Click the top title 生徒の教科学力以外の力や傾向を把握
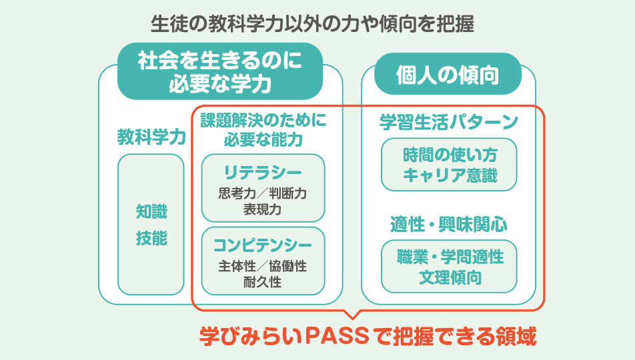(x=312, y=24)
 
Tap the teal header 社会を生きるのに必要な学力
(x=220, y=72)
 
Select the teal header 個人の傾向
(x=448, y=75)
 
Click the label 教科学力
(x=151, y=137)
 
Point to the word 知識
(x=151, y=211)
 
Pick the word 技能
(x=151, y=238)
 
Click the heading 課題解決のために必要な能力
(x=263, y=130)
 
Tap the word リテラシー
(x=263, y=173)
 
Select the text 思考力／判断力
(x=262, y=193)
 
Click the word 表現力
(x=262, y=209)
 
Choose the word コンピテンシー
(x=263, y=245)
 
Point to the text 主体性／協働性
(x=262, y=266)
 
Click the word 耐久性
(x=262, y=282)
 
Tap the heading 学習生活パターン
(x=449, y=122)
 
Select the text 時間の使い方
(x=450, y=155)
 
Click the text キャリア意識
(x=450, y=175)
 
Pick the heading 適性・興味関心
(x=449, y=224)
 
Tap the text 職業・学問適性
(x=450, y=257)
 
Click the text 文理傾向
(x=450, y=278)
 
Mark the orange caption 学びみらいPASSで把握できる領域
(x=368, y=336)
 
